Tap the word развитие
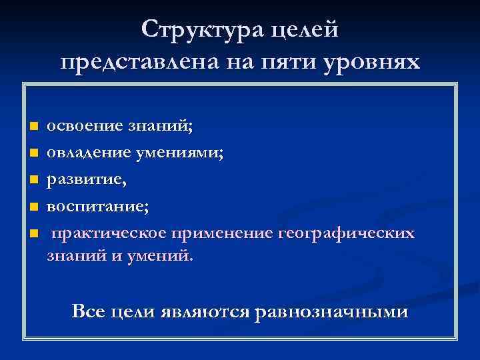pyautogui.click(x=83, y=180)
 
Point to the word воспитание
pyautogui.click(x=96, y=207)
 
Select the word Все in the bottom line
pyautogui.click(x=88, y=311)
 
